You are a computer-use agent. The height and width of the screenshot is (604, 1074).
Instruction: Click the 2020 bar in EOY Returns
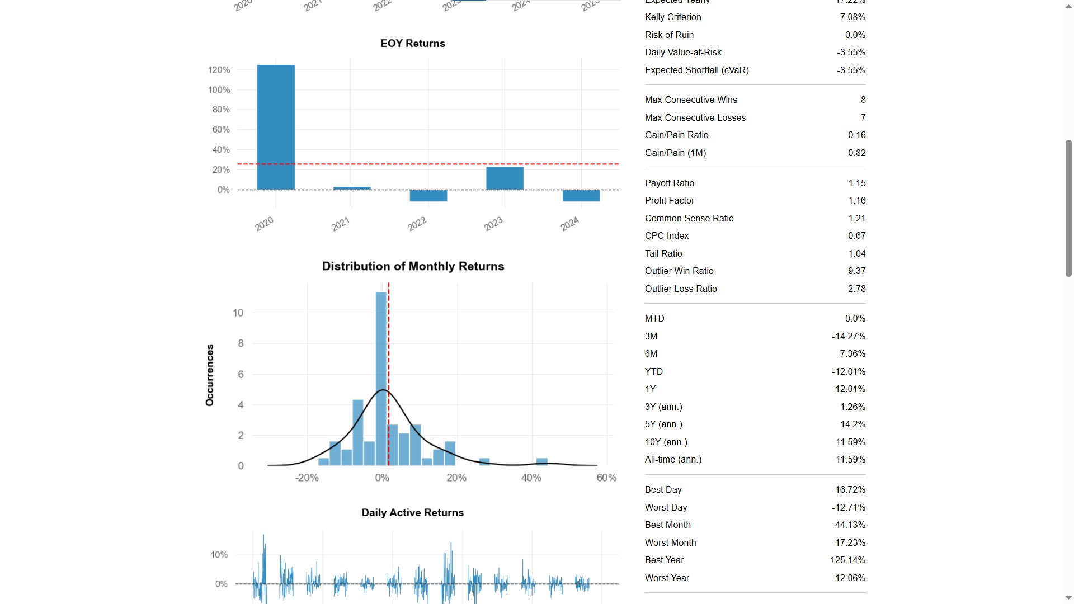(x=276, y=128)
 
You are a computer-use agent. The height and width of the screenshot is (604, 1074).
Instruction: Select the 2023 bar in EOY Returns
(x=505, y=178)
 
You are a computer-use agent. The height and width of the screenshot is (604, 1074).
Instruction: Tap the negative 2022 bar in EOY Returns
(x=428, y=196)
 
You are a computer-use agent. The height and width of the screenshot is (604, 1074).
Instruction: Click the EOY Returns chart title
(x=413, y=44)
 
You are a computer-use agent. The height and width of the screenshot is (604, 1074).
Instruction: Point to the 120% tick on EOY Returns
(x=219, y=70)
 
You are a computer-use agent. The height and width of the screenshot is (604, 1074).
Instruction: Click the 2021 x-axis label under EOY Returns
(x=340, y=224)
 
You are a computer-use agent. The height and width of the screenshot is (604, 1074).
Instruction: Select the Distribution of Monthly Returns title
(x=413, y=266)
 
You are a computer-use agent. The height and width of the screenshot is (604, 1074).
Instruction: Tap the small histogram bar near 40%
(x=541, y=462)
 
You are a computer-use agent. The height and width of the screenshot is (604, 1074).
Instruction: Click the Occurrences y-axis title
(x=210, y=375)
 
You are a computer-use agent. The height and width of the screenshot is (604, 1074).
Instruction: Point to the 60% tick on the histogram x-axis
(x=606, y=478)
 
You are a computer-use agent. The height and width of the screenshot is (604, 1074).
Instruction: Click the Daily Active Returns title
(x=412, y=513)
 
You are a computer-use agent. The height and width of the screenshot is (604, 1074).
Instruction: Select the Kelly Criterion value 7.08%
(x=852, y=17)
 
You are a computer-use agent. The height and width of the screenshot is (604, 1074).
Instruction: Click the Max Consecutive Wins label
(x=691, y=100)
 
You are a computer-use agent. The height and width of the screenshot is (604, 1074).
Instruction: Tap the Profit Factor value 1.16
(x=856, y=201)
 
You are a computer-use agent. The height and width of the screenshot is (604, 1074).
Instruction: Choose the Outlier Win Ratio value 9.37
(x=856, y=271)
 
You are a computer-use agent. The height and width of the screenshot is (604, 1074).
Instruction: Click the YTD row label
(x=653, y=372)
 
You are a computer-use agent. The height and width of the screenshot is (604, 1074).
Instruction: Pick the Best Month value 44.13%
(x=850, y=525)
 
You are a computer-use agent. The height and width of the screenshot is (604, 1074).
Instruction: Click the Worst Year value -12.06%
(x=848, y=578)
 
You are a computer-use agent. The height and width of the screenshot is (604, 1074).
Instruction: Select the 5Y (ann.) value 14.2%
(x=852, y=424)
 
